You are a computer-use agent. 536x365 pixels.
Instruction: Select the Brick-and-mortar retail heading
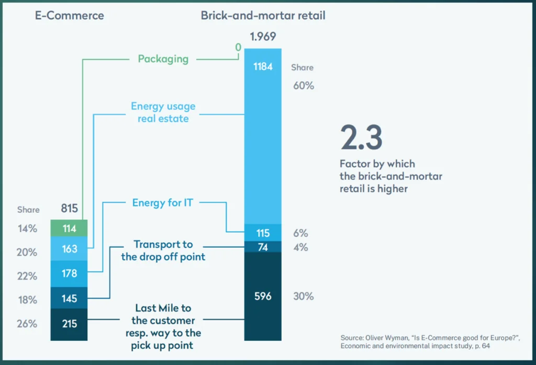tap(263, 16)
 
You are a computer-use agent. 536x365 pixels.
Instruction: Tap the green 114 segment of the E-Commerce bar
tap(69, 229)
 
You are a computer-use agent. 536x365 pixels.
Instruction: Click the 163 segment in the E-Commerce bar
tap(69, 249)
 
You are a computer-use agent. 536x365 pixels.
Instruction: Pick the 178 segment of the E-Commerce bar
tap(69, 273)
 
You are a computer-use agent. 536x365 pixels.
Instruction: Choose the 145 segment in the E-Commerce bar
tap(69, 299)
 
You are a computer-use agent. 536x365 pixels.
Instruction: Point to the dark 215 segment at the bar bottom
tap(69, 324)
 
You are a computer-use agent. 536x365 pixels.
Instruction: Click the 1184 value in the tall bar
tap(263, 67)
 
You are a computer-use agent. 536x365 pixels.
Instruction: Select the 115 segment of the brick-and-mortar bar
tap(263, 233)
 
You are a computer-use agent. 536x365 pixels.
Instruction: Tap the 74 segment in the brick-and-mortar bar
tap(263, 247)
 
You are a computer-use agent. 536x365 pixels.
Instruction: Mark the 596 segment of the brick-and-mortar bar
tap(263, 296)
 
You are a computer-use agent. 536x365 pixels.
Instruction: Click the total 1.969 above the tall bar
tap(263, 37)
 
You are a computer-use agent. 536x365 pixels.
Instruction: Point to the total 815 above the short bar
tap(69, 209)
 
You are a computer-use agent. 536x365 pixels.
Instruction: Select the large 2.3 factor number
tap(361, 138)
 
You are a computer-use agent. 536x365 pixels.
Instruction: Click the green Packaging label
tap(163, 59)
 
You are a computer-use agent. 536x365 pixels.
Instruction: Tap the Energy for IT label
tap(163, 202)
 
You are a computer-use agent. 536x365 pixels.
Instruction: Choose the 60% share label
tap(304, 86)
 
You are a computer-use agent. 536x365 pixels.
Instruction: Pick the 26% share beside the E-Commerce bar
tap(27, 324)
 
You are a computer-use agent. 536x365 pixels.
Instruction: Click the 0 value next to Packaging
tap(238, 48)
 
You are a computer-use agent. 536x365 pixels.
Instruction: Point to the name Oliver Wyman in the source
tap(385, 337)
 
